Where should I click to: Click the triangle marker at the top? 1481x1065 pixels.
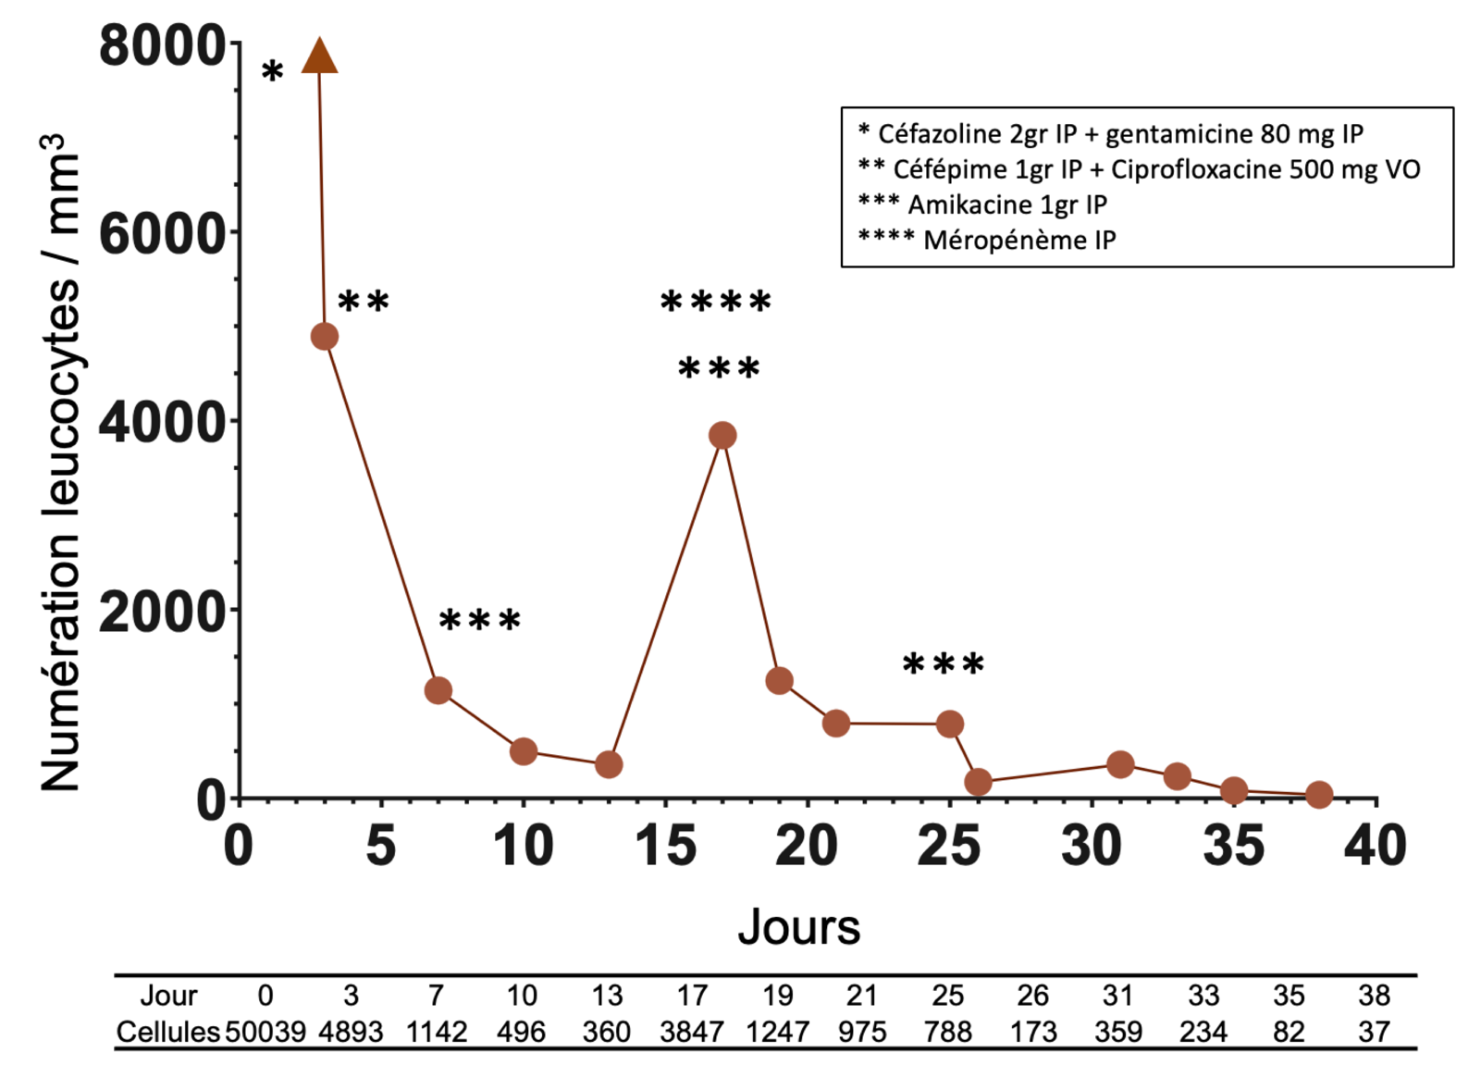coord(319,57)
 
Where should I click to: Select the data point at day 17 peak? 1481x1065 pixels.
coord(722,435)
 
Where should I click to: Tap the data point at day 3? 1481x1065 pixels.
coord(324,336)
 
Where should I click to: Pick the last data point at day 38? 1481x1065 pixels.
coord(1319,794)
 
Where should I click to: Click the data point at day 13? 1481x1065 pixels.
coord(608,764)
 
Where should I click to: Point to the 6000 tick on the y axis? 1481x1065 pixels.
coord(163,233)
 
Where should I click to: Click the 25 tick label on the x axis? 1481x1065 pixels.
coord(949,846)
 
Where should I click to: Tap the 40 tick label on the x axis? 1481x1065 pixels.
coord(1376,846)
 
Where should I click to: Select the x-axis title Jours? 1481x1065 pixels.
coord(798,927)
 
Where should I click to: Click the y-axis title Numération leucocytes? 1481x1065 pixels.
coord(59,463)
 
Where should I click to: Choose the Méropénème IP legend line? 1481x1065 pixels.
coord(987,240)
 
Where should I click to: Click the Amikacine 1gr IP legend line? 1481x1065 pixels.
coord(982,204)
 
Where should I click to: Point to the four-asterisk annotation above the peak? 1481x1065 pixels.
coord(716,302)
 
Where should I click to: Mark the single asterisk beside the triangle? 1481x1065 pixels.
coord(272,71)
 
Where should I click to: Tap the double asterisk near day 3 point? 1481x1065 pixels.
coord(364,302)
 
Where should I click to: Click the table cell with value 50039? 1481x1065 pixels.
coord(265,1031)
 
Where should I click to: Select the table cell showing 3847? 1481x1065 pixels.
coord(692,1031)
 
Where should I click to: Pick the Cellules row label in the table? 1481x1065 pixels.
coord(167,1031)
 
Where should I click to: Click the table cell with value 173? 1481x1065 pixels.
coord(1033,1031)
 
